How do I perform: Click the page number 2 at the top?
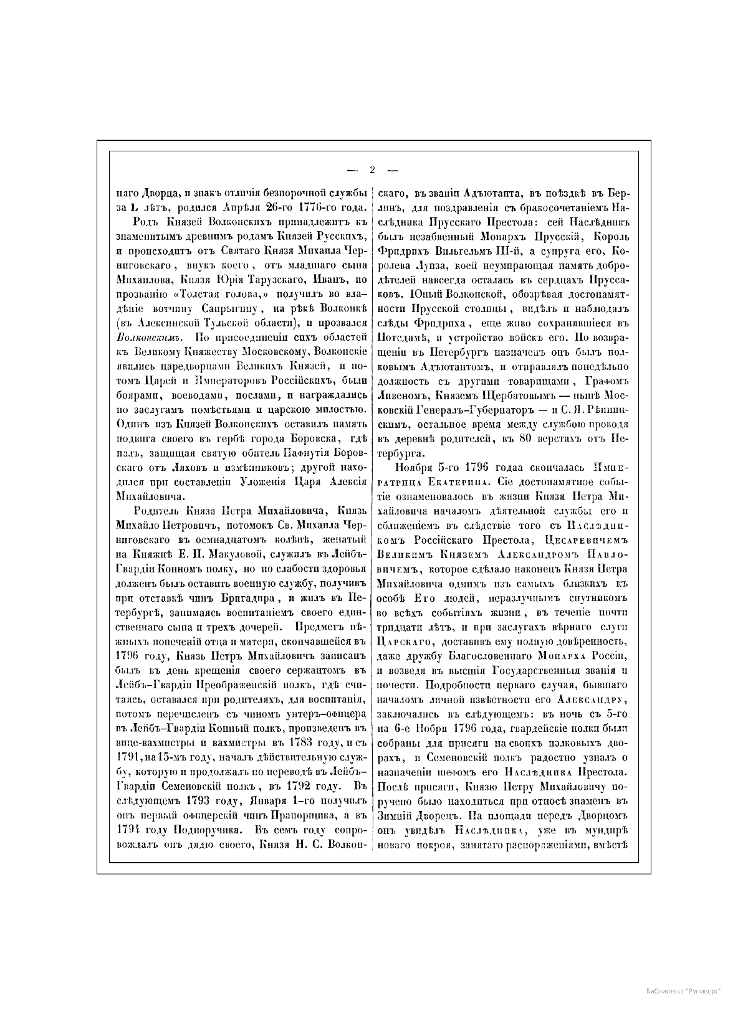[x=372, y=169]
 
